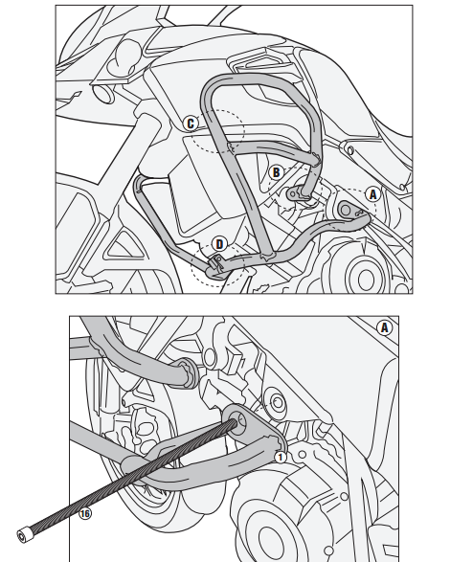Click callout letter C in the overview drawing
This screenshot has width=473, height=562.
191,123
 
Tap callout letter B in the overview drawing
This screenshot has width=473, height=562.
276,172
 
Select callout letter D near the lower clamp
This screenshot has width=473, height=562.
219,244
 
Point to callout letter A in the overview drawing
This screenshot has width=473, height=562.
372,192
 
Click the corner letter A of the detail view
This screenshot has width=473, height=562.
385,327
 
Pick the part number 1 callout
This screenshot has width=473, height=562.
281,457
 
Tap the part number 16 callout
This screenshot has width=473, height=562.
85,513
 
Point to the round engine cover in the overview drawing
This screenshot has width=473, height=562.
365,275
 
